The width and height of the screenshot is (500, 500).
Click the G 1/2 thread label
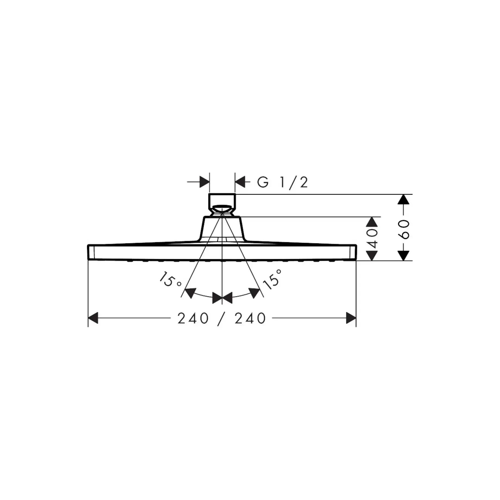283,182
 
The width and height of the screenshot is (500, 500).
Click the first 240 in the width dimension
193,318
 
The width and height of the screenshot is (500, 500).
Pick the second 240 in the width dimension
250,318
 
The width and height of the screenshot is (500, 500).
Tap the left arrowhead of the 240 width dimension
93,318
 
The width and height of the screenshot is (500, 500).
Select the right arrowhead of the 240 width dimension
351,318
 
